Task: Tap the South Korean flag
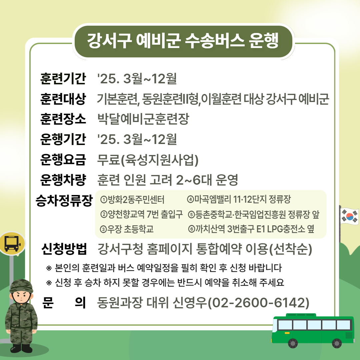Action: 349,215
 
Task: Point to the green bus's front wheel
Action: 293,342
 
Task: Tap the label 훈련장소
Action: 63,119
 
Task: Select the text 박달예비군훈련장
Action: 143,119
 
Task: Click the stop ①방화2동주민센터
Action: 132,200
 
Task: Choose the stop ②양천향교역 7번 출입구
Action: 141,214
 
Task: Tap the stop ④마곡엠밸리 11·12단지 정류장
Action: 239,200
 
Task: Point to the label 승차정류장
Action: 64,201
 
